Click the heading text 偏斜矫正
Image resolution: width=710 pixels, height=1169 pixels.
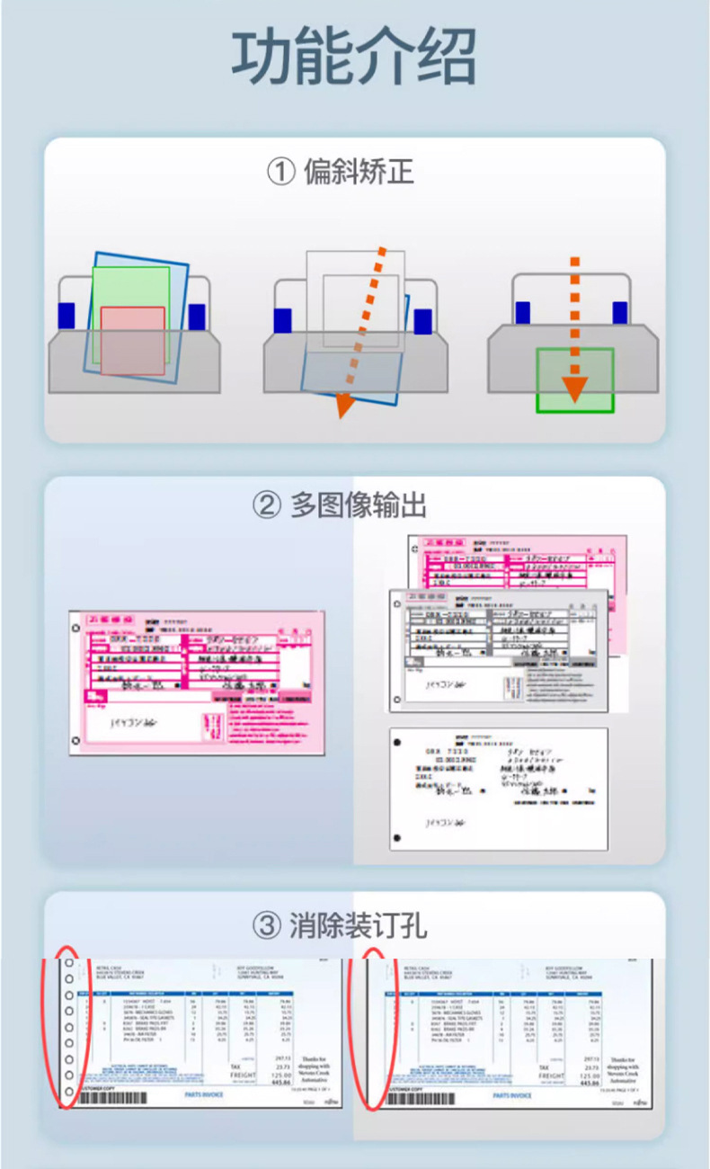[x=359, y=171]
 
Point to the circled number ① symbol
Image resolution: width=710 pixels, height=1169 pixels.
[x=281, y=172]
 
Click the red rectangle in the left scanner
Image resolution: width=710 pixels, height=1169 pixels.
[x=132, y=341]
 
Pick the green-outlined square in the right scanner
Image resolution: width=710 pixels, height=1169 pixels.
[x=575, y=380]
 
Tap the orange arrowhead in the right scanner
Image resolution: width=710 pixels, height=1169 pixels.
[x=575, y=389]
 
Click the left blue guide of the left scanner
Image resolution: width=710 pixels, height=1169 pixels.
[x=67, y=316]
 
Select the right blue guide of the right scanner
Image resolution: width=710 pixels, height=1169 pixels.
[x=619, y=312]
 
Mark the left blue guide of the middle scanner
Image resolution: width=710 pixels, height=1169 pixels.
[x=283, y=320]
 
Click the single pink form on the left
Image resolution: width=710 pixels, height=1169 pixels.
[x=197, y=683]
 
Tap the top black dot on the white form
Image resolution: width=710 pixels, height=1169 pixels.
[x=395, y=744]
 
